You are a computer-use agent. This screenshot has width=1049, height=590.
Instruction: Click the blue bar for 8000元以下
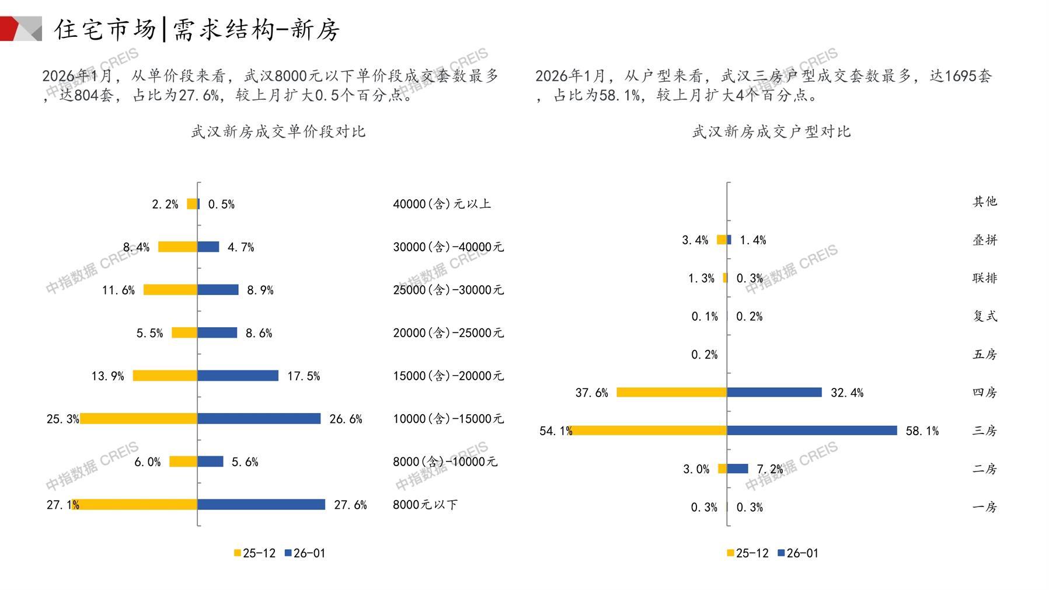tap(261, 504)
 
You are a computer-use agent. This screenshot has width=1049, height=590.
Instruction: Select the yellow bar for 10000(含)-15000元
tap(138, 419)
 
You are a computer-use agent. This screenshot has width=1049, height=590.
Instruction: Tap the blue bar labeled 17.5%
tap(238, 376)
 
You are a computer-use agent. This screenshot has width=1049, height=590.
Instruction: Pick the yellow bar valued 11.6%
tap(170, 290)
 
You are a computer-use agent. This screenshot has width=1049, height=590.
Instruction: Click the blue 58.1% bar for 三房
tap(812, 431)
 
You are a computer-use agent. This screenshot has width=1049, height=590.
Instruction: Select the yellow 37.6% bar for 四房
tap(671, 393)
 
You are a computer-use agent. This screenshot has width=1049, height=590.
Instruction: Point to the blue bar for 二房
tap(738, 468)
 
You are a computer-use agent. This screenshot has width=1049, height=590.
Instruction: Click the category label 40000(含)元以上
tap(442, 204)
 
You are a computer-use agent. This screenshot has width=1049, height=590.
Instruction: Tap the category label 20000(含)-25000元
tap(448, 333)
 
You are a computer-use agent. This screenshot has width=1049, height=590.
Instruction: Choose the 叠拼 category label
tap(985, 240)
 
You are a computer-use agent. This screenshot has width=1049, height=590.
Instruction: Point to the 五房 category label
tap(985, 354)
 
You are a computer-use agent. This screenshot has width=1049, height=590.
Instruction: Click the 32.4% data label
tap(846, 393)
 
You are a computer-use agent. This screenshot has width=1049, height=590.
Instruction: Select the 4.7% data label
tap(241, 248)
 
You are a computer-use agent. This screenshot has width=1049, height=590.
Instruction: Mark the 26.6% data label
tap(346, 419)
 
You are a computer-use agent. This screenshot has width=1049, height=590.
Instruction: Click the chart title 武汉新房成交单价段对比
tap(278, 132)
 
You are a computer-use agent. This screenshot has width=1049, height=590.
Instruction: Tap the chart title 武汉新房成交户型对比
tap(771, 132)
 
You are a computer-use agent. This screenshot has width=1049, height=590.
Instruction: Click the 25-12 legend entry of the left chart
tap(255, 553)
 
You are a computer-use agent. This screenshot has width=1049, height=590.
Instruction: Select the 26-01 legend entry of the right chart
tap(798, 553)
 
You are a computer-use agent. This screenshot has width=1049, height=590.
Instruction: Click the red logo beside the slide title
tap(20, 29)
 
